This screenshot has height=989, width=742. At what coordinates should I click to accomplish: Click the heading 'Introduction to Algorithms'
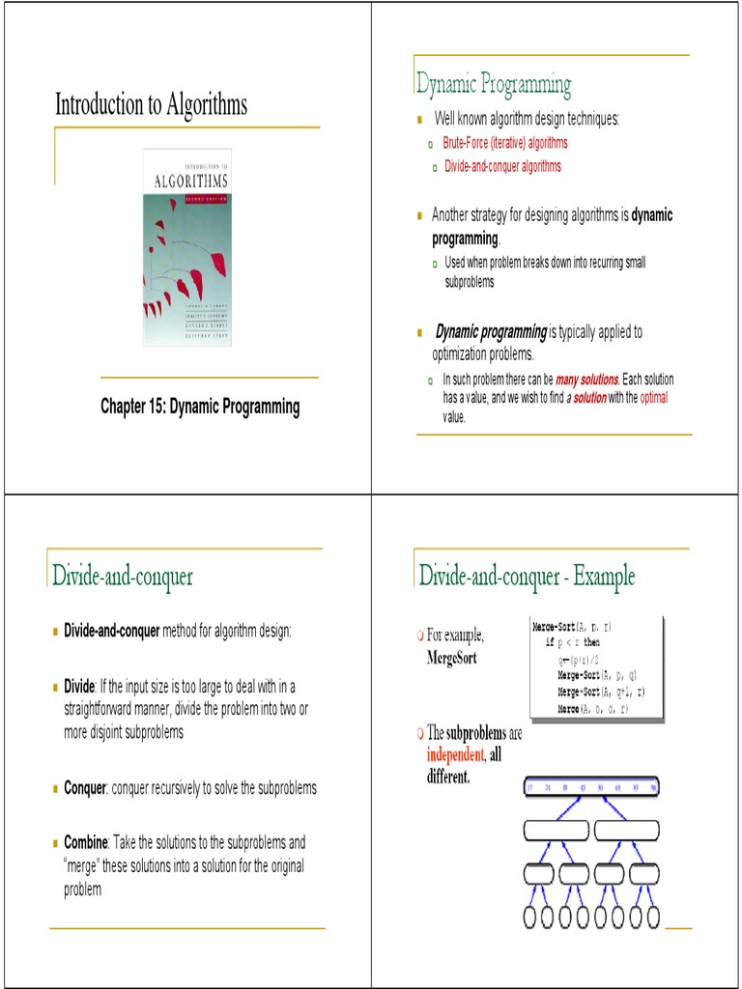(151, 104)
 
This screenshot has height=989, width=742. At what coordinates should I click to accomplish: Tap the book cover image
(186, 247)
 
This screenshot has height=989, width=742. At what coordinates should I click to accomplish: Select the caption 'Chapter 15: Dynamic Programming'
(200, 407)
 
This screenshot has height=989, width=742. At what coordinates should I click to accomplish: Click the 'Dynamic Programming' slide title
(494, 85)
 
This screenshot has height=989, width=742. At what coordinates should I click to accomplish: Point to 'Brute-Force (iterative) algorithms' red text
(505, 143)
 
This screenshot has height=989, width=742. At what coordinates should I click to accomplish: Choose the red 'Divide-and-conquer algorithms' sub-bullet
(502, 166)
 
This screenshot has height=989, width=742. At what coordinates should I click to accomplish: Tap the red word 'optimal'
(654, 397)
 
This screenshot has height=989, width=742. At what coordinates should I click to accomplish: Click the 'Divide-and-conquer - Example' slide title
(527, 577)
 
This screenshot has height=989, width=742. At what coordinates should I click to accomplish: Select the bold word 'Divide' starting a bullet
(79, 686)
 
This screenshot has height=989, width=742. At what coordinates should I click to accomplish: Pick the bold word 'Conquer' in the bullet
(85, 788)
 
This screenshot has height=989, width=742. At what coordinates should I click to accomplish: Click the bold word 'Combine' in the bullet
(86, 843)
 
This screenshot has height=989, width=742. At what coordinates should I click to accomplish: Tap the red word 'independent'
(455, 754)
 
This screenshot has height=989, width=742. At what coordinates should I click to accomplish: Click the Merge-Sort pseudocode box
(597, 667)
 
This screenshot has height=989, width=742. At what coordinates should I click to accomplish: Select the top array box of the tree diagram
(591, 787)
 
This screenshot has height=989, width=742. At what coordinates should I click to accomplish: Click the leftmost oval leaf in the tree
(531, 916)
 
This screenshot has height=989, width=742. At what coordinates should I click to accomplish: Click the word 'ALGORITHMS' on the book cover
(190, 181)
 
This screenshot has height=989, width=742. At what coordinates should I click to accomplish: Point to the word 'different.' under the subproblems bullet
(448, 776)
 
